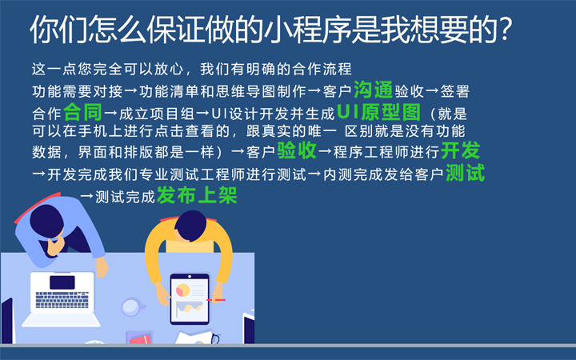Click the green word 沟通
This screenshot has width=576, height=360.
tap(373, 90)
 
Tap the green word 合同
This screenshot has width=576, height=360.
tap(82, 110)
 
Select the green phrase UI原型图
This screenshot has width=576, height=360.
tap(382, 110)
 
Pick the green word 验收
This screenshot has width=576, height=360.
tap(297, 151)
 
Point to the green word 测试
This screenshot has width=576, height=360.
tap(465, 172)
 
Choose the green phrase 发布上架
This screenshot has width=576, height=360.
tap(197, 195)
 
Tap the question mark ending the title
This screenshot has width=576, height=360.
tap(505, 30)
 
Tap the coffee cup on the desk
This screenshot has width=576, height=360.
tap(132, 306)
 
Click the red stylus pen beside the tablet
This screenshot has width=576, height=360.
tap(217, 299)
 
